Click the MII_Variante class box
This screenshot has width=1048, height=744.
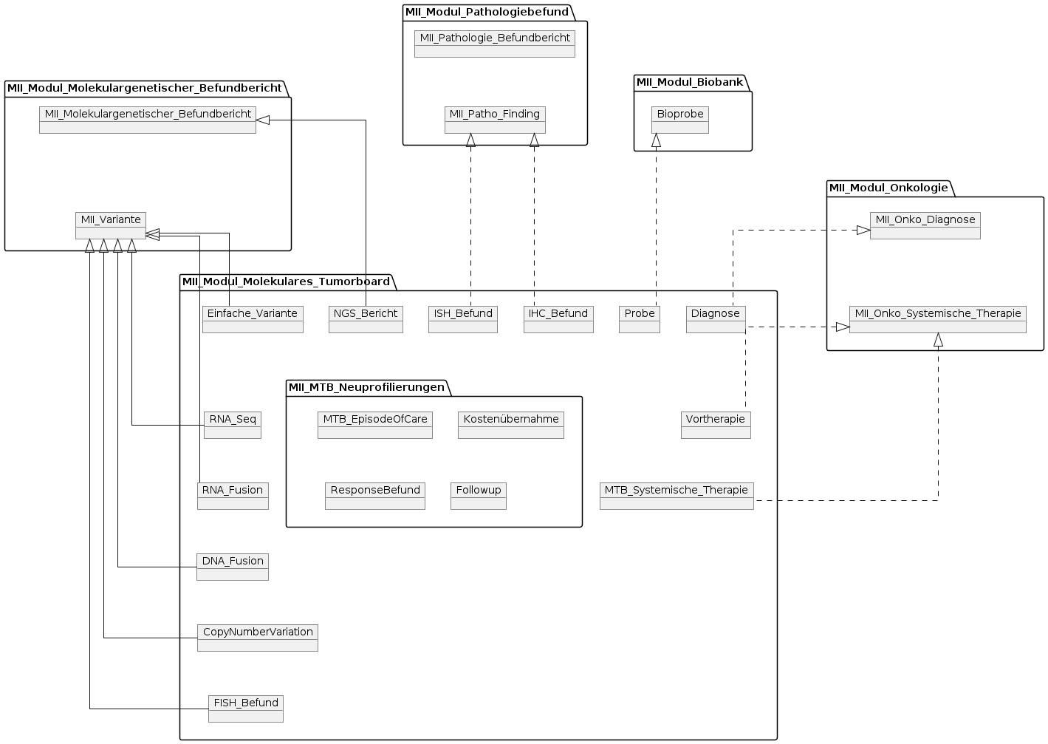point(111,225)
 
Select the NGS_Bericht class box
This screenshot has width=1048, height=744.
point(366,319)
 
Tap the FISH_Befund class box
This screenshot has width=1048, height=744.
point(246,709)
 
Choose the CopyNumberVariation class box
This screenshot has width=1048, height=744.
point(258,638)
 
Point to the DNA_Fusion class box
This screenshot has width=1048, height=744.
point(233,567)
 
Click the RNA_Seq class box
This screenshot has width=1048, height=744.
point(233,425)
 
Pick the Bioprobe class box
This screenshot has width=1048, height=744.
point(680,120)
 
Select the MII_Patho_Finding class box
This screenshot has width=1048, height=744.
point(495,120)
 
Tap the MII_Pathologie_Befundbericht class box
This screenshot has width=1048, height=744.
point(495,44)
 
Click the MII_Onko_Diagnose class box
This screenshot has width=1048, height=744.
point(925,225)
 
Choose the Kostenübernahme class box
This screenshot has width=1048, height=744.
point(511,425)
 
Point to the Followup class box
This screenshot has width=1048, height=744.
point(479,496)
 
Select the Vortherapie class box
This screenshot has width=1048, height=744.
point(716,425)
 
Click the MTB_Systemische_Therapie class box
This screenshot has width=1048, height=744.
point(677,496)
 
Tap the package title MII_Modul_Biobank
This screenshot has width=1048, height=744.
point(690,82)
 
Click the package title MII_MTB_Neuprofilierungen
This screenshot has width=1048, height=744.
point(366,387)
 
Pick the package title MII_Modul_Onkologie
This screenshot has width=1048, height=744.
point(888,188)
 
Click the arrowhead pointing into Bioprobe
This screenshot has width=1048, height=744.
point(656,140)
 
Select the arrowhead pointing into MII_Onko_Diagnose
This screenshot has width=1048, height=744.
point(863,230)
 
